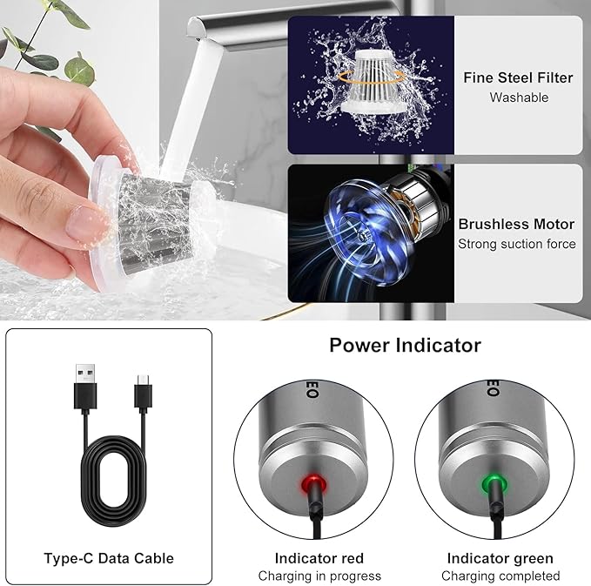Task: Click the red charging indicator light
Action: (x=313, y=485)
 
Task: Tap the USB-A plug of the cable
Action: (x=85, y=387)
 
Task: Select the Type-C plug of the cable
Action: (x=143, y=393)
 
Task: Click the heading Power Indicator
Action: (x=406, y=345)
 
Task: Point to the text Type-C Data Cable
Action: (x=109, y=558)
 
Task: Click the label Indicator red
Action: (x=319, y=558)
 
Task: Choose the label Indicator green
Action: (x=500, y=558)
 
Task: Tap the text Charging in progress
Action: (x=319, y=576)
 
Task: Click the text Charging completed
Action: (x=500, y=576)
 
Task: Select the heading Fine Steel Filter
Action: (x=518, y=77)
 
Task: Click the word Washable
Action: (x=519, y=98)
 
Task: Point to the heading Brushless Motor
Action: (x=516, y=224)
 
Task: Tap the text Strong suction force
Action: (x=517, y=244)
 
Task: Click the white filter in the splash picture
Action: (x=373, y=82)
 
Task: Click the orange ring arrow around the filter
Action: (x=373, y=77)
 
